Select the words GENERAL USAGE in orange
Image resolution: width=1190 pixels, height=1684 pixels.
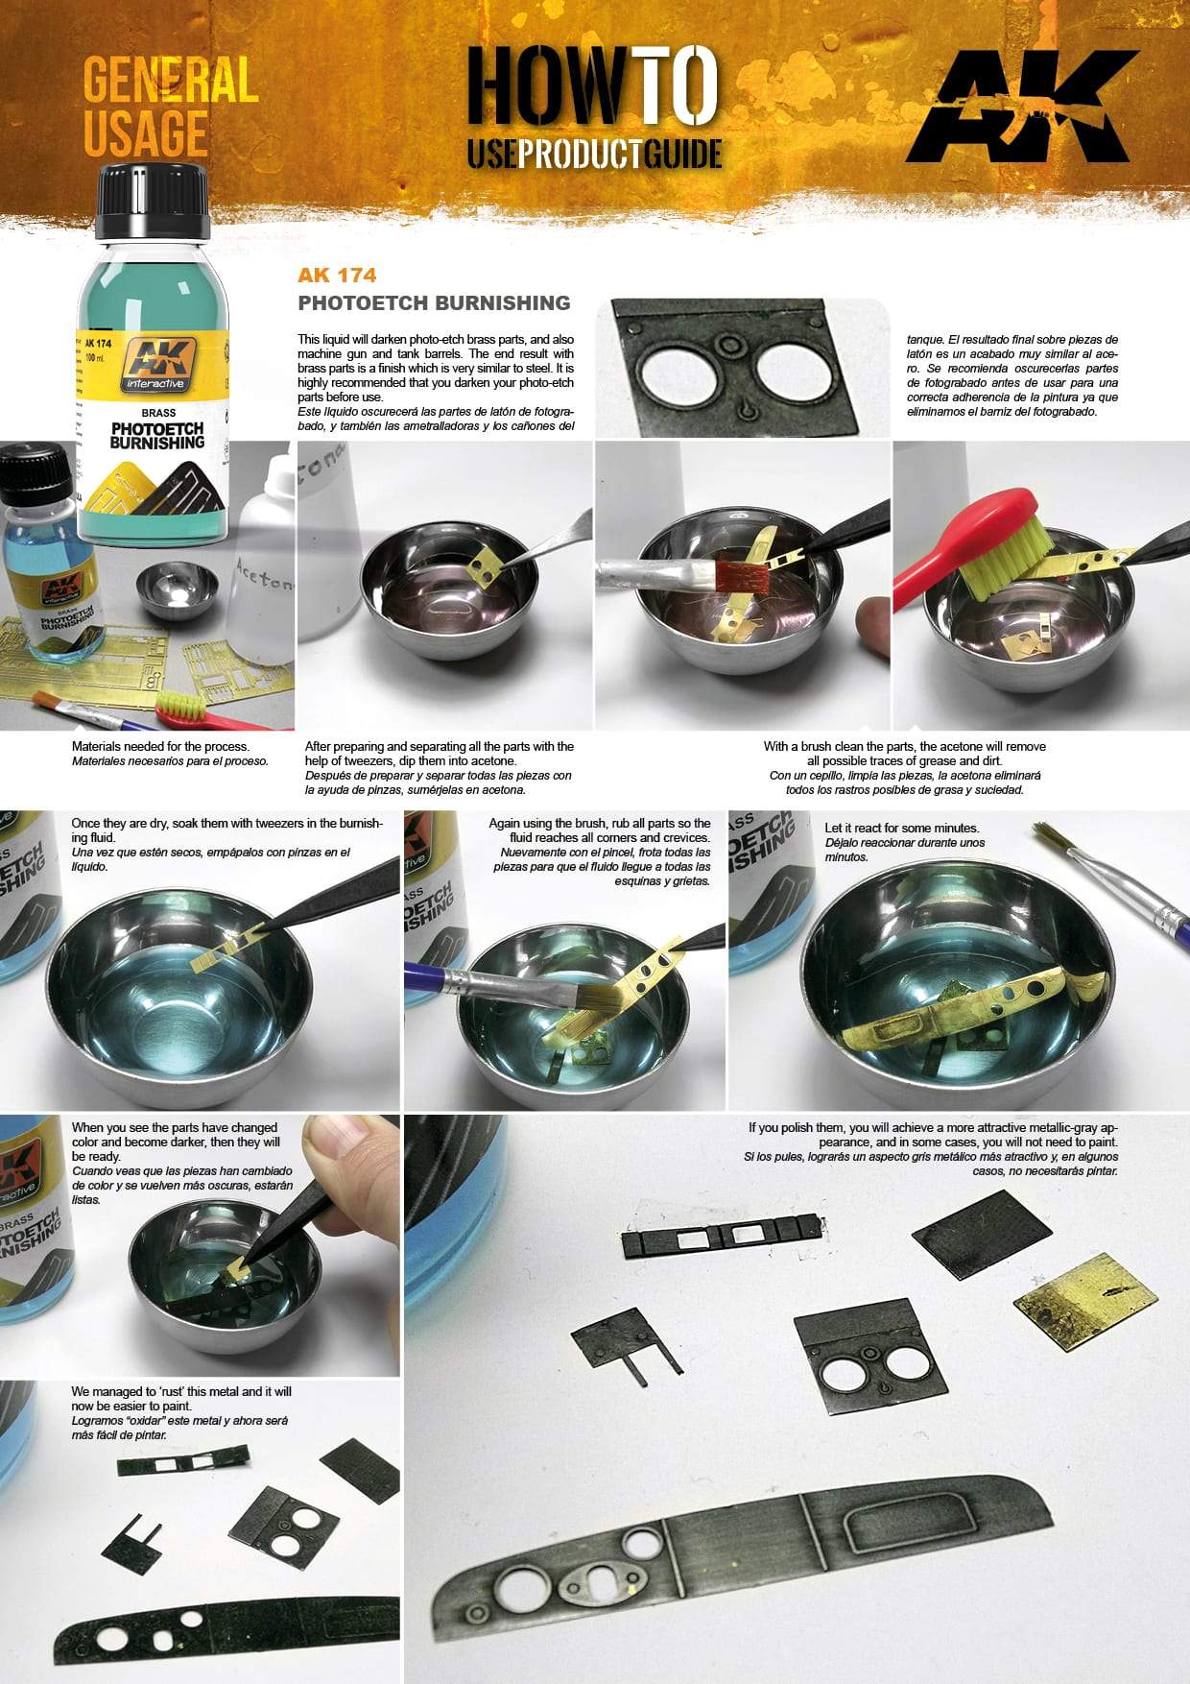(169, 106)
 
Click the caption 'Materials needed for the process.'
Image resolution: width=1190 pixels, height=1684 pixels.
(160, 746)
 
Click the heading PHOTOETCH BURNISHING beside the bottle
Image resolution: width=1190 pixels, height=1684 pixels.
(434, 303)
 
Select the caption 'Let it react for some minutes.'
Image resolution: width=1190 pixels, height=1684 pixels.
(901, 828)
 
